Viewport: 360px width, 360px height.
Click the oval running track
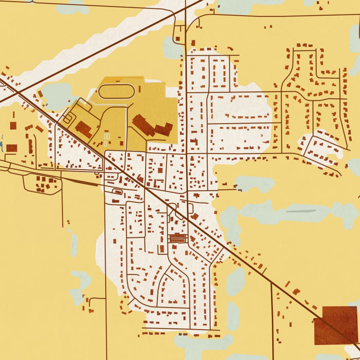[116, 92]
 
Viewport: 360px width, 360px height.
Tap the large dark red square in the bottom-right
[336, 325]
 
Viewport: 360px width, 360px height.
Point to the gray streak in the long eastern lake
[301, 211]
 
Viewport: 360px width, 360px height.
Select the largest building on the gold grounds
[143, 125]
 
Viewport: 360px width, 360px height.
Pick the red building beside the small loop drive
[83, 129]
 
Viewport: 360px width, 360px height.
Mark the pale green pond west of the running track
[56, 95]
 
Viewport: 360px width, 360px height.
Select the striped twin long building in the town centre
[177, 238]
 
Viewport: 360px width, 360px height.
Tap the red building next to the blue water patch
[11, 148]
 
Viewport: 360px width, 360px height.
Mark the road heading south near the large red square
[272, 319]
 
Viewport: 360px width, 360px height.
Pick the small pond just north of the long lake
[255, 183]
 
